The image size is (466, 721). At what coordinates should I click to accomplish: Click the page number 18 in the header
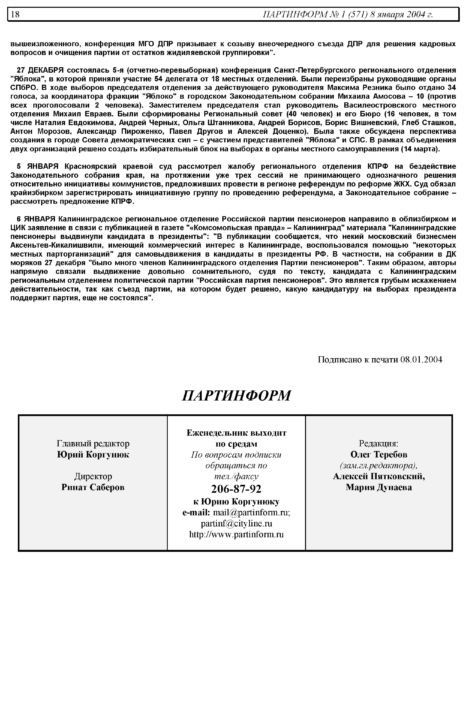(15, 14)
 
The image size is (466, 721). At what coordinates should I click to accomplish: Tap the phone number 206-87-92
(236, 489)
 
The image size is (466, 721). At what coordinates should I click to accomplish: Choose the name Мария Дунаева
(379, 487)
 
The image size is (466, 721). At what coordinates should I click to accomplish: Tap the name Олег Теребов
(379, 455)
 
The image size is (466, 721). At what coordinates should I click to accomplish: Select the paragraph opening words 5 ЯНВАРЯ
(37, 166)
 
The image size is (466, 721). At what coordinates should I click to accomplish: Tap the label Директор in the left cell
(93, 476)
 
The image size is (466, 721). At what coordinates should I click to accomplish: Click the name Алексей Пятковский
(379, 476)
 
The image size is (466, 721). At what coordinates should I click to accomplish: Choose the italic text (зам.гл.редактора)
(379, 466)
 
